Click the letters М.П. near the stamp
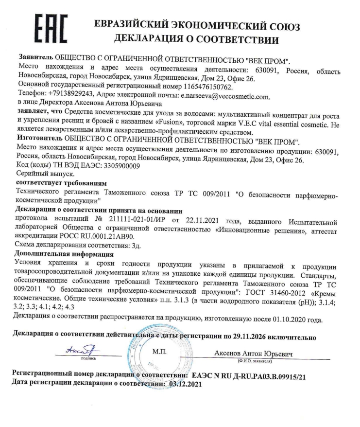click(x=160, y=351)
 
